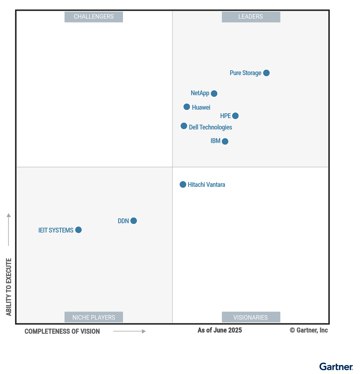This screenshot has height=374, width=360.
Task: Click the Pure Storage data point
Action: click(x=266, y=73)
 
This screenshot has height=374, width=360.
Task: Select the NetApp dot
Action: click(x=214, y=93)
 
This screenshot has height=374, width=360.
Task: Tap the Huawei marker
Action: click(x=187, y=107)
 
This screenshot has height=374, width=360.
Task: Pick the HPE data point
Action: click(x=235, y=116)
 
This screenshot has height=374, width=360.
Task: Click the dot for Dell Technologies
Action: click(x=184, y=126)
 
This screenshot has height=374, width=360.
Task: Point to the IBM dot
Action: click(x=225, y=141)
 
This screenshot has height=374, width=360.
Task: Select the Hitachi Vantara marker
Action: click(x=183, y=184)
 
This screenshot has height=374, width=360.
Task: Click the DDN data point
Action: click(x=134, y=221)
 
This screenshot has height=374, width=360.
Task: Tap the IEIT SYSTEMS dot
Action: click(x=78, y=230)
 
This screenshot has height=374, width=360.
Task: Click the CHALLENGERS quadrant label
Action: click(x=94, y=17)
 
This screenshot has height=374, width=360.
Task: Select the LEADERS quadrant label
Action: click(x=251, y=17)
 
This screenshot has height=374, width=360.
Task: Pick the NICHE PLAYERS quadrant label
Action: click(x=94, y=317)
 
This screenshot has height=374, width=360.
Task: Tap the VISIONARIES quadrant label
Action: click(x=251, y=317)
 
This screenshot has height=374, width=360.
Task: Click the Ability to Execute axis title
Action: click(x=9, y=287)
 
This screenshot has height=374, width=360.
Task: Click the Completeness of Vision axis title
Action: click(x=62, y=331)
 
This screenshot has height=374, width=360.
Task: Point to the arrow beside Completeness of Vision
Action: click(x=129, y=331)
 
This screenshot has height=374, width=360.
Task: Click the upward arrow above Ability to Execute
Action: click(x=9, y=229)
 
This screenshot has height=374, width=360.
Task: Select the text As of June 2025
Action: click(x=220, y=330)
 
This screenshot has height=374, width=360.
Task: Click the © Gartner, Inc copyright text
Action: click(x=309, y=330)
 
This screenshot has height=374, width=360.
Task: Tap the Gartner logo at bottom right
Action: click(x=336, y=366)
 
